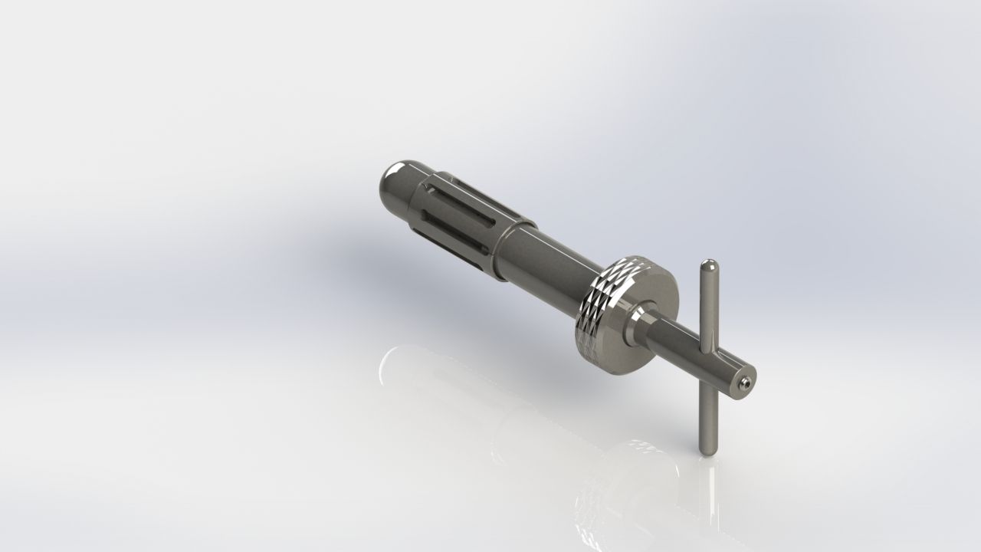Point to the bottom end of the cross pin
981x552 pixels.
click(x=706, y=450)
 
